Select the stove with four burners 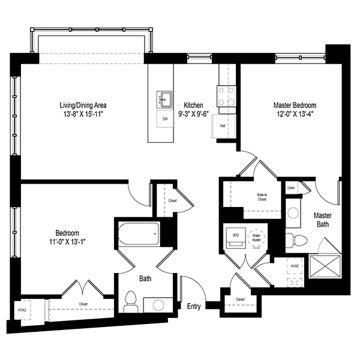coord(226,96)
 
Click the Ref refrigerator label coord(223,126)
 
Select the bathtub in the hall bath coord(138,234)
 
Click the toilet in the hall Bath coord(131,301)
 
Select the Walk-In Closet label coord(262,197)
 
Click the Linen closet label coord(291,188)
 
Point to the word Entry coord(194,307)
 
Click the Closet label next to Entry coord(240,299)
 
